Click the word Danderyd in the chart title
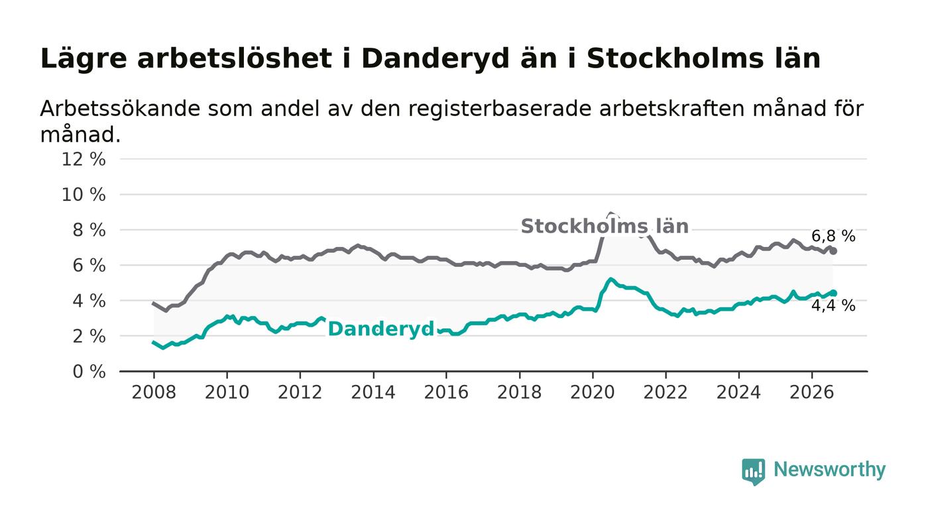[x=435, y=58]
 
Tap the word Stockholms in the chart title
[x=675, y=58]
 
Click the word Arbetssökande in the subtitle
[x=121, y=109]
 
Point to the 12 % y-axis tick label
[x=84, y=159]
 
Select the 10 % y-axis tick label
[x=84, y=195]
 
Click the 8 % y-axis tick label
[x=89, y=230]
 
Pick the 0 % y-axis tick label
[x=89, y=372]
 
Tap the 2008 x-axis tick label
[x=154, y=392]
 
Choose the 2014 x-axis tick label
[x=373, y=392]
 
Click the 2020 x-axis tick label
[x=593, y=392]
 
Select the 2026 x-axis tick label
[x=811, y=392]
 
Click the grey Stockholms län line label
[x=605, y=226]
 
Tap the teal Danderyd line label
[x=380, y=329]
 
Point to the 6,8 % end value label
[x=833, y=236]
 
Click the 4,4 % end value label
[x=833, y=305]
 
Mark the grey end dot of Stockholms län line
[x=833, y=251]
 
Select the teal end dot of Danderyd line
[x=833, y=293]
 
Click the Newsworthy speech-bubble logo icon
[x=753, y=472]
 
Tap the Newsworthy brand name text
[x=829, y=470]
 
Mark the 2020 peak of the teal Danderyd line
[x=610, y=279]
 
